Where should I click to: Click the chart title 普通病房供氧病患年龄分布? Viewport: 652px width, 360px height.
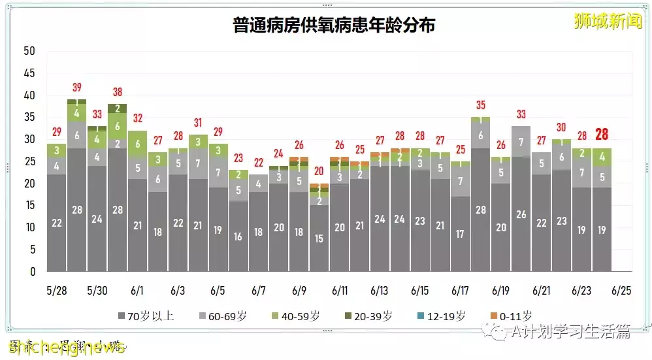(334, 25)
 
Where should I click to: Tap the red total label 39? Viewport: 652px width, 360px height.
(76, 88)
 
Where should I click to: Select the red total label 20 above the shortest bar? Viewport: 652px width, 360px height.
(319, 171)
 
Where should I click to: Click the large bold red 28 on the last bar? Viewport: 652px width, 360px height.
(602, 135)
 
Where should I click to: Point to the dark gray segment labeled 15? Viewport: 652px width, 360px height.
(319, 238)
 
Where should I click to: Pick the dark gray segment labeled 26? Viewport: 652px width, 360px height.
(521, 214)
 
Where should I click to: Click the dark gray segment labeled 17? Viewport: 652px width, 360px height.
(460, 234)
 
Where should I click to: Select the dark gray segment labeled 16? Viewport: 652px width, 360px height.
(238, 237)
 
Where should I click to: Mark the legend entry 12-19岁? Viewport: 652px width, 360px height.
(444, 316)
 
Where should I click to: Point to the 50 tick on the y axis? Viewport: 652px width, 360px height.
(29, 51)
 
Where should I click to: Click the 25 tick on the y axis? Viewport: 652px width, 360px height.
(29, 161)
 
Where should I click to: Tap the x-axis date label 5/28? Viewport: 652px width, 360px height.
(56, 290)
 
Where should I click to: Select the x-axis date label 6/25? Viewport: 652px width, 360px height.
(622, 290)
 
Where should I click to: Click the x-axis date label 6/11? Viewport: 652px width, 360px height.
(339, 290)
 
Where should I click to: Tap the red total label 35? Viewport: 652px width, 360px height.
(480, 105)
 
